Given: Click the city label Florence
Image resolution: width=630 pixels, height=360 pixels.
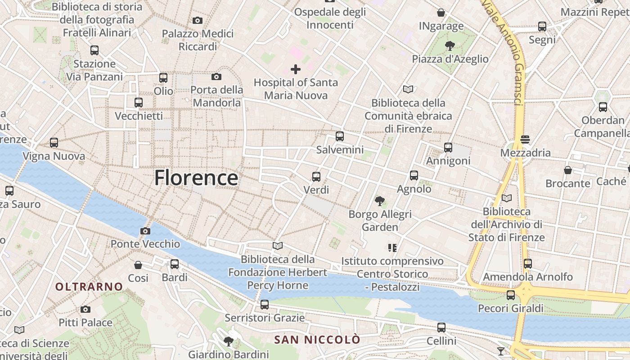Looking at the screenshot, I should coord(196,178).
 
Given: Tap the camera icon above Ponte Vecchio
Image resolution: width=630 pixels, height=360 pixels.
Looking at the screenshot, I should coord(145,231).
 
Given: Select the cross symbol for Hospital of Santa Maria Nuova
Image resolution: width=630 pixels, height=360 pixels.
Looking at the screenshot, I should coord(296,69).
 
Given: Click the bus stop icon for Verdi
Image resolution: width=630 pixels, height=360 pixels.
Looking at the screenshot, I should coord(316,177).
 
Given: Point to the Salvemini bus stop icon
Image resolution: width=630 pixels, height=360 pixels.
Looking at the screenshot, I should coord(340,136).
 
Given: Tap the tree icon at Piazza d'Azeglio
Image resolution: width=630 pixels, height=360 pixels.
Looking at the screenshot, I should coord(450,45).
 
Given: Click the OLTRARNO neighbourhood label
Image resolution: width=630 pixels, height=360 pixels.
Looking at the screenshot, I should coord(89,287).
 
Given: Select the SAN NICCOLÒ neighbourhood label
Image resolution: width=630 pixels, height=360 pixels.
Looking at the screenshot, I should coord(318,339).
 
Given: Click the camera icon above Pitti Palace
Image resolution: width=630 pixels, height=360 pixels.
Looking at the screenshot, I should coord(85,310).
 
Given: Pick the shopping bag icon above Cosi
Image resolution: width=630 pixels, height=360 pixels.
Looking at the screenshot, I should coord(138,265).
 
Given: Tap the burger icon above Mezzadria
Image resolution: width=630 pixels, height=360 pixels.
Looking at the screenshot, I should coord(525,139).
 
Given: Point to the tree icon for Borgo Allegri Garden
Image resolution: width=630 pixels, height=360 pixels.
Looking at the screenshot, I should coord(380,201).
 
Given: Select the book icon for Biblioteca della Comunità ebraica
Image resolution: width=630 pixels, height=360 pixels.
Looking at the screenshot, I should coord(408,90).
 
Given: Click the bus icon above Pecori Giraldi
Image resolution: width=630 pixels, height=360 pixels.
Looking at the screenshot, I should coord(511,295).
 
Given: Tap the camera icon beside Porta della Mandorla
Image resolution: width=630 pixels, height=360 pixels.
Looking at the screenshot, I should coord(216,77).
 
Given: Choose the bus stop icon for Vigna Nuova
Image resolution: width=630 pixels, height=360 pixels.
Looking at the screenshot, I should coord(54,143).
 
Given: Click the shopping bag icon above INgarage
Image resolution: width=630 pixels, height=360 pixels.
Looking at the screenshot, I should coord(441,13).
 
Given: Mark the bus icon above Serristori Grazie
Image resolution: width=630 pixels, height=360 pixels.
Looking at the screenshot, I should coord(265,305).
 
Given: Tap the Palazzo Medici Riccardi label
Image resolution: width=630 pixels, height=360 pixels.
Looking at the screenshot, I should coord(198,40).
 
